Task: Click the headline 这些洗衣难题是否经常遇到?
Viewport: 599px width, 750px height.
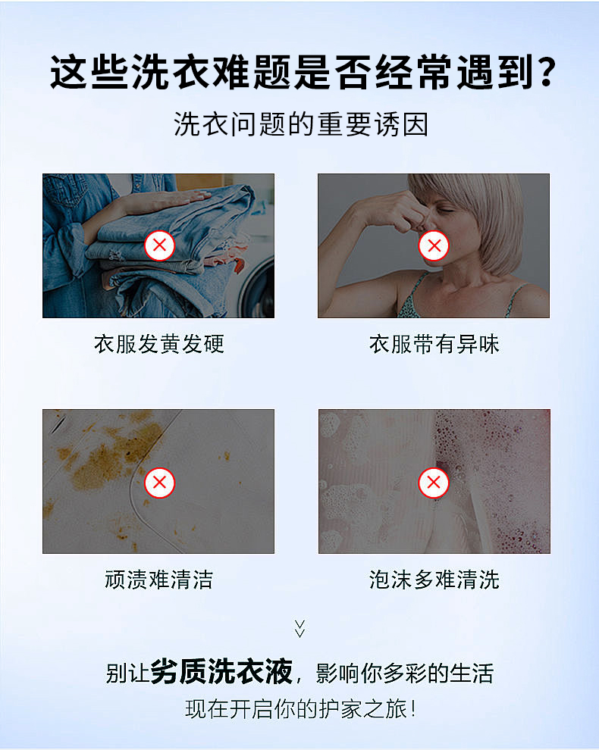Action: [x=303, y=73]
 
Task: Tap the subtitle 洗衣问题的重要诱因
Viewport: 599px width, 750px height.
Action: [x=301, y=124]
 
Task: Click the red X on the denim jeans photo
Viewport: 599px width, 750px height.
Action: [x=159, y=245]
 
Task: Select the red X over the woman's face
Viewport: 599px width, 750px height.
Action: [x=434, y=245]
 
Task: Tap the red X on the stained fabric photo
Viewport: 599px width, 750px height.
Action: [x=159, y=482]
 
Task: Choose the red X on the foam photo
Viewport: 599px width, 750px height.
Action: [x=434, y=482]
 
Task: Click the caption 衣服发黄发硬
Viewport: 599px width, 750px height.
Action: [x=159, y=343]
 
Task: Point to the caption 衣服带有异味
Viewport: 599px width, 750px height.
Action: [x=434, y=343]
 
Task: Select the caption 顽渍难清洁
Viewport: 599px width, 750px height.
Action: [x=159, y=580]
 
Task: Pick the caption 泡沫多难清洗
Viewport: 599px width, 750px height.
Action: [x=434, y=580]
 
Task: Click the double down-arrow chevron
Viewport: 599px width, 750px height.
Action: [x=299, y=629]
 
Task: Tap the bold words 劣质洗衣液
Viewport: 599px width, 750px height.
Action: [x=221, y=671]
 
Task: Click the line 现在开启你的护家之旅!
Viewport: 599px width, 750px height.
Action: [x=300, y=708]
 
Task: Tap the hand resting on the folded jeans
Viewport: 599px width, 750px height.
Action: [x=158, y=202]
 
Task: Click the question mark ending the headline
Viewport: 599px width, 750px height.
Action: [x=545, y=73]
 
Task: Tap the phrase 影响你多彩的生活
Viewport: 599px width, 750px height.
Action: [x=405, y=673]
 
